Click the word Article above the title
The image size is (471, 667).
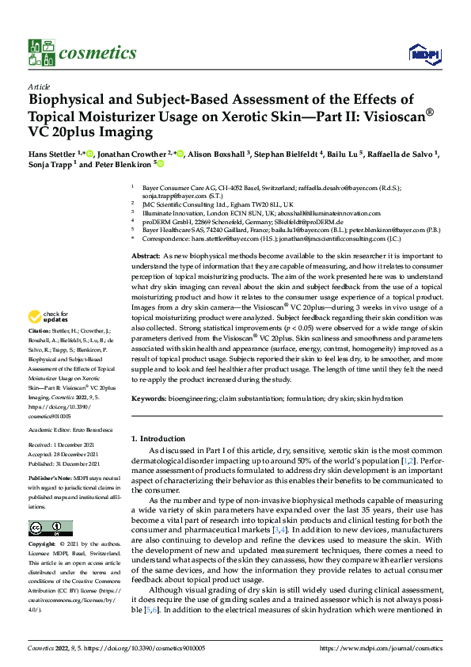pos(38,86)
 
